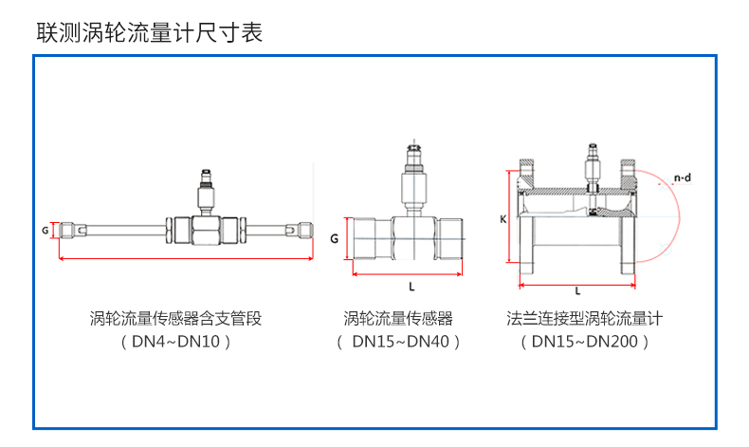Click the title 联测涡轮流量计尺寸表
[149, 33]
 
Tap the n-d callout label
[681, 177]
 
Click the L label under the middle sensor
[411, 286]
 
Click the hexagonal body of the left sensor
[205, 231]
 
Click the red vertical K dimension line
[511, 219]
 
